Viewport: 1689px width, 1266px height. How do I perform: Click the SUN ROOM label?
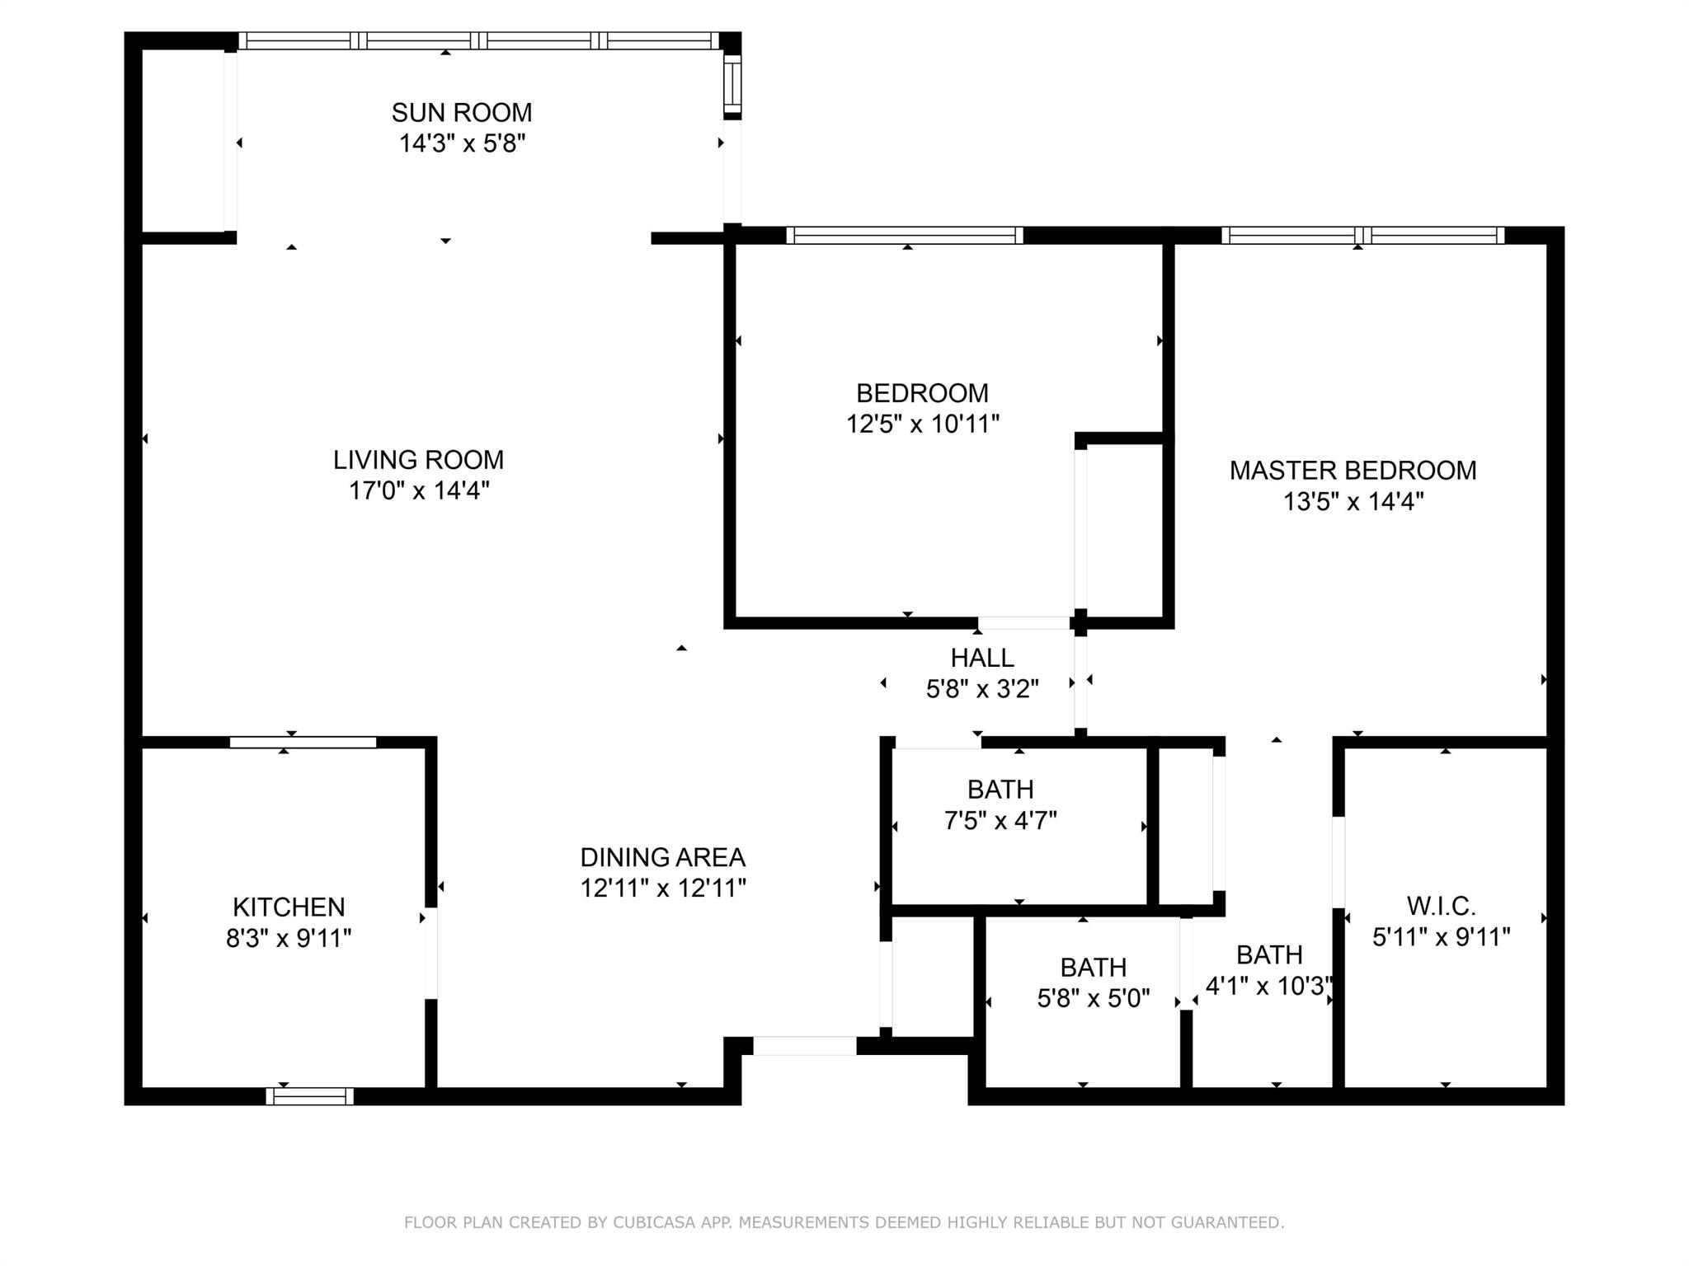(462, 112)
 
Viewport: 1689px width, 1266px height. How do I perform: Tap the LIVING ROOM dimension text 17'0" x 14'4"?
(419, 491)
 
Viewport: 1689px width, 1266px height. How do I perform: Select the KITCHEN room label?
(289, 907)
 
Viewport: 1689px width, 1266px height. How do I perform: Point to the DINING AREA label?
(663, 858)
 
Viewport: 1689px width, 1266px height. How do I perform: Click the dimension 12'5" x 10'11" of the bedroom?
(923, 424)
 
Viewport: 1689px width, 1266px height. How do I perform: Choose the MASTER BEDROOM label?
(1353, 471)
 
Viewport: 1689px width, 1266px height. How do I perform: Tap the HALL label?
(982, 658)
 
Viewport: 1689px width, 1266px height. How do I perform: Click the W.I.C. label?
(1442, 907)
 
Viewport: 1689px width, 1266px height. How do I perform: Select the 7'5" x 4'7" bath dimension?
(1000, 821)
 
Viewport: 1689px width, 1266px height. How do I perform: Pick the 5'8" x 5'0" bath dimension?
(1094, 999)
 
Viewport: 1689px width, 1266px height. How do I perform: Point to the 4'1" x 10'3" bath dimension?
(1269, 987)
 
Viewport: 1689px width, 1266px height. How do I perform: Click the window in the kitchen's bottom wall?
(310, 1096)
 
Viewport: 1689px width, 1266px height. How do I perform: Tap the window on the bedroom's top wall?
(905, 236)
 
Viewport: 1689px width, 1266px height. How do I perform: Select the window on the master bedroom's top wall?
(1363, 236)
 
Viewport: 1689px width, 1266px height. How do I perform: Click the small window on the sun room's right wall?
(732, 85)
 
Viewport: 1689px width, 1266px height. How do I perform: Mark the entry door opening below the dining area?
(805, 1046)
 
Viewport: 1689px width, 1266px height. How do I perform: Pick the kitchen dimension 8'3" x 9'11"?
(289, 939)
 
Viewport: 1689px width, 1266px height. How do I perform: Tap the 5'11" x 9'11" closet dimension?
(1442, 938)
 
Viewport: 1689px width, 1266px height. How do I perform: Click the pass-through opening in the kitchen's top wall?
(303, 743)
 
